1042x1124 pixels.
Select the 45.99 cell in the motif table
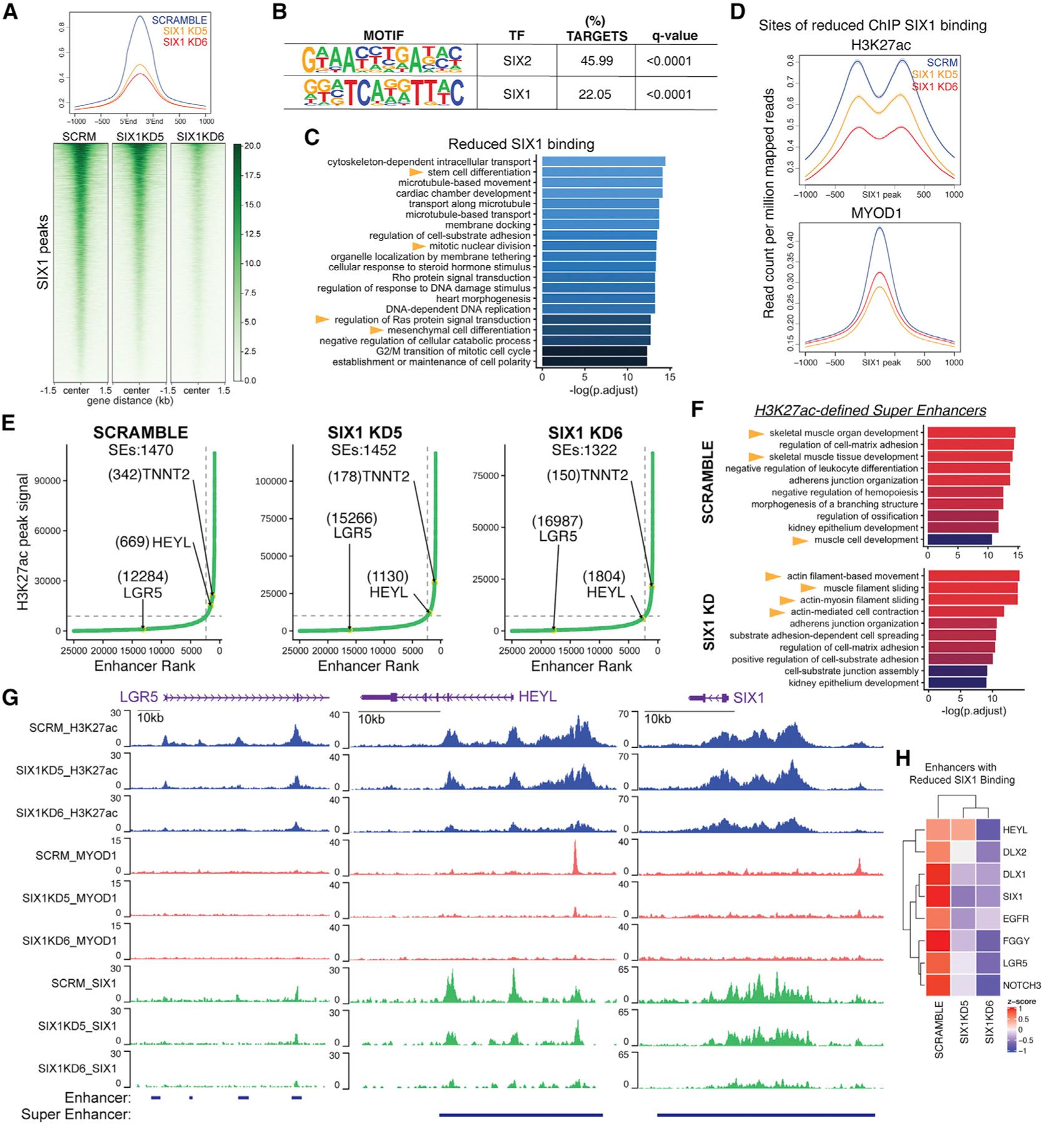[596, 61]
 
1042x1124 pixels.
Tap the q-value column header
[672, 36]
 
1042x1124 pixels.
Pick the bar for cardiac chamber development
[601, 194]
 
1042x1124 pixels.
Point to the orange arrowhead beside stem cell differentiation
[416, 172]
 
